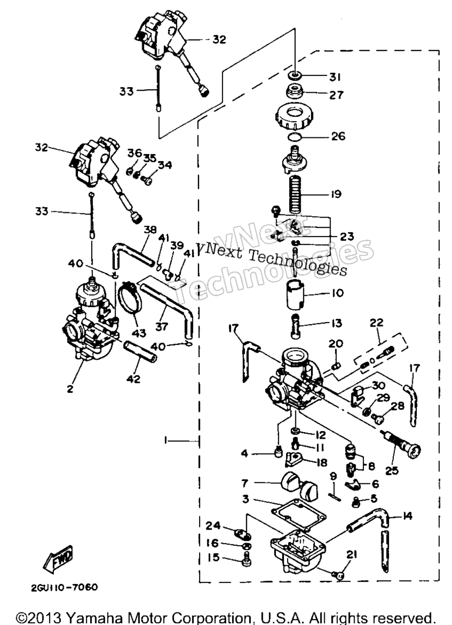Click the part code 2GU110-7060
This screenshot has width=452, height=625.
64,587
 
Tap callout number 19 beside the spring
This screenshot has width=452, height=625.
335,194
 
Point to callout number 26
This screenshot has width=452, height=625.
338,136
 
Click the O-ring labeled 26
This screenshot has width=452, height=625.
295,137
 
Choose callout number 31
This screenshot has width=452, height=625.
335,77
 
